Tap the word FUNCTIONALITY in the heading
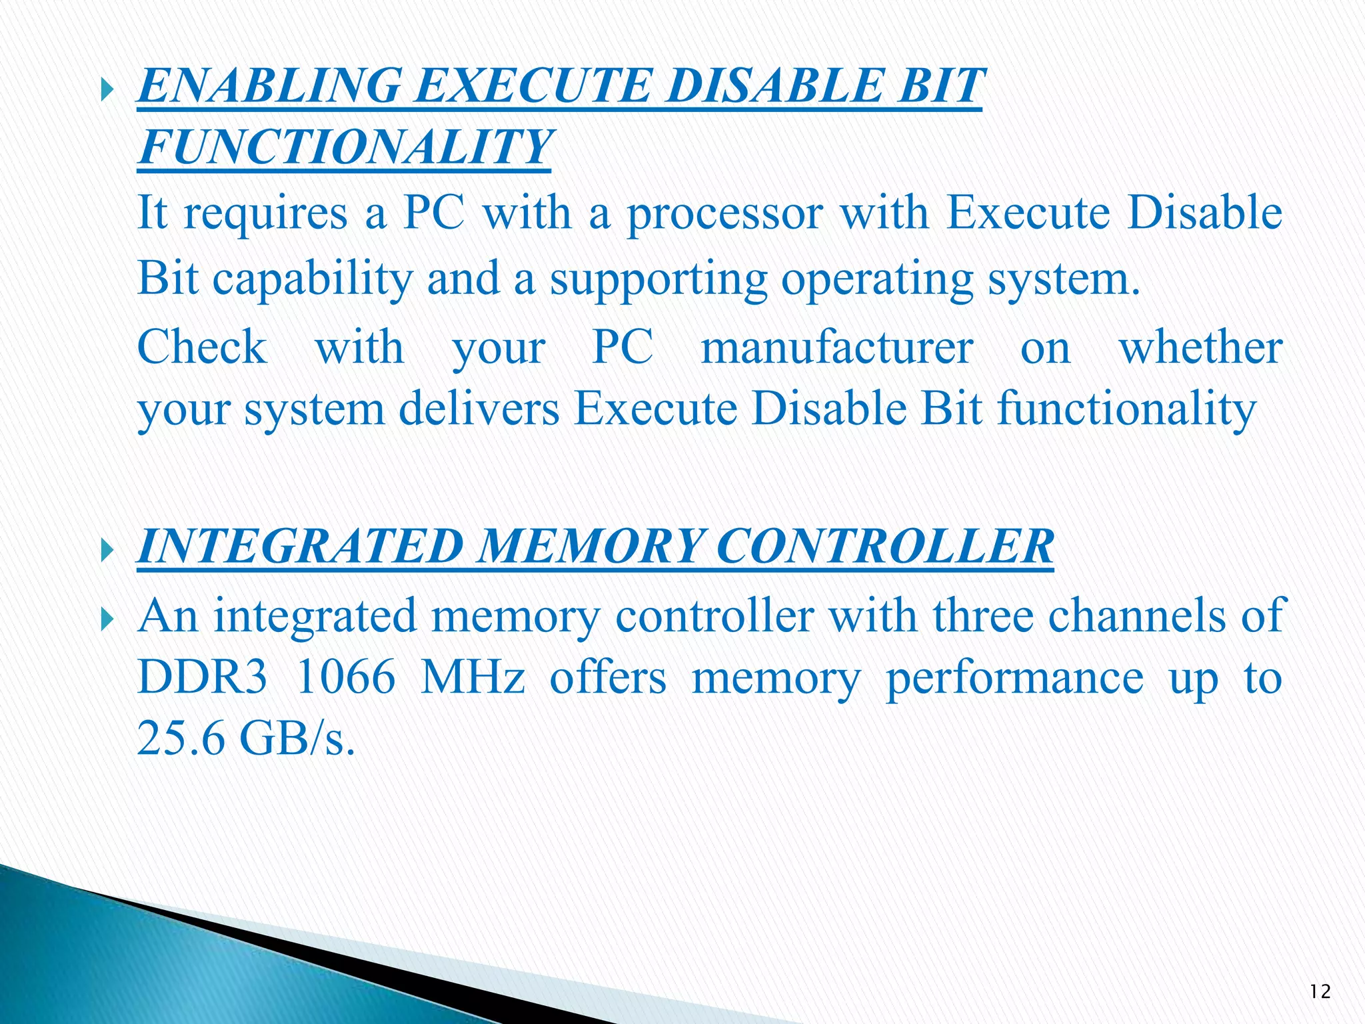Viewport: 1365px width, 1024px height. (345, 147)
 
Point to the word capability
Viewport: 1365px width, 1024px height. (313, 279)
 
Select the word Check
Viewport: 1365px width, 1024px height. (202, 347)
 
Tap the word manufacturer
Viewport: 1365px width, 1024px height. (836, 348)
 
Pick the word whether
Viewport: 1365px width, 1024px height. (1200, 347)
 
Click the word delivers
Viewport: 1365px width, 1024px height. (479, 408)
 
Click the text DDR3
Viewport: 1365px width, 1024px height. (202, 677)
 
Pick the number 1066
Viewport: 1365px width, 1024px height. (345, 677)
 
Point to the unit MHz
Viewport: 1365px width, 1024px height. (473, 677)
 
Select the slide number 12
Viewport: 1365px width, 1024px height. (1320, 992)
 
